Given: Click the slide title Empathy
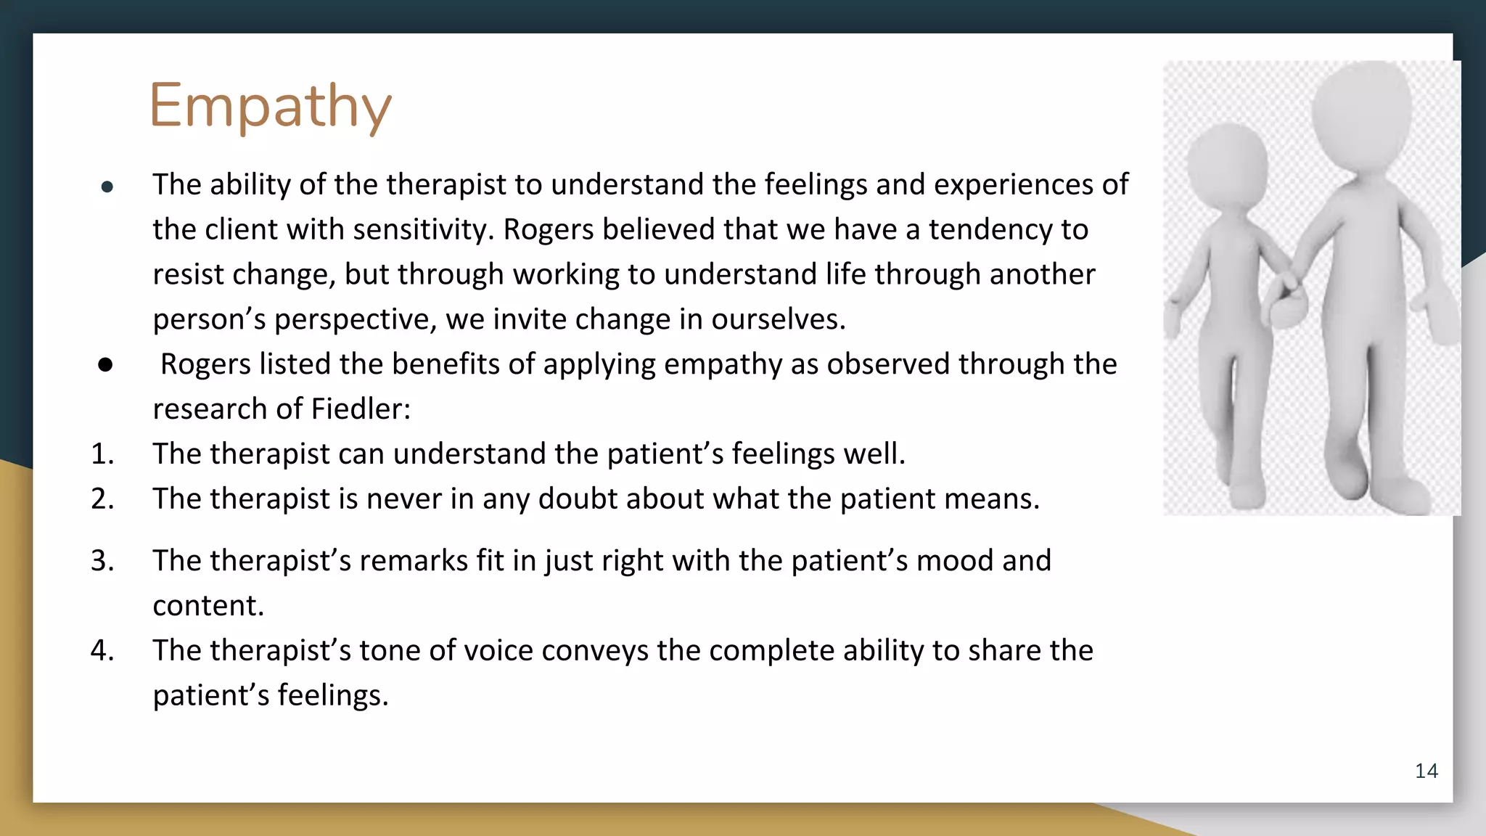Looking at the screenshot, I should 270,107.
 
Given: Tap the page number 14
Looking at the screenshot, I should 1426,771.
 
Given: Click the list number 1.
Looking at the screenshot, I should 102,454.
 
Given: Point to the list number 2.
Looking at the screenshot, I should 102,499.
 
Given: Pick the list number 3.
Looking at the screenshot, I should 102,561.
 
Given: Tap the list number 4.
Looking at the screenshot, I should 102,651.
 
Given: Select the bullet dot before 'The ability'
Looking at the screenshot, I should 107,187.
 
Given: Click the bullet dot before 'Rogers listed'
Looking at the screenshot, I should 105,364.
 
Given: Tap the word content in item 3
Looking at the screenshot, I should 208,606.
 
